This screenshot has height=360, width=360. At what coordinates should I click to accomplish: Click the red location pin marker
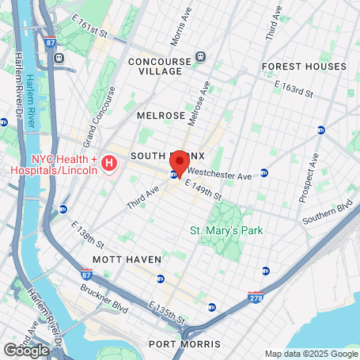point(180,163)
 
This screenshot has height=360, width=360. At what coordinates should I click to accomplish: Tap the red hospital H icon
point(110,164)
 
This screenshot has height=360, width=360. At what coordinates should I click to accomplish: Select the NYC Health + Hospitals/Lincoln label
point(52,165)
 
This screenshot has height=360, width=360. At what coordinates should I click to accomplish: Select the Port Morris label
point(184,344)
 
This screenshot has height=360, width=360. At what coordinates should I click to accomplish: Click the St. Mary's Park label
point(226,231)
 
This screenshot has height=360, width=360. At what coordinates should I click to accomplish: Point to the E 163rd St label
point(294,88)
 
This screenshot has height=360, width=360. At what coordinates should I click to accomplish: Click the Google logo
point(26,350)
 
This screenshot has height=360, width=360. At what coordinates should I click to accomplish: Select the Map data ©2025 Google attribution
point(310,354)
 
